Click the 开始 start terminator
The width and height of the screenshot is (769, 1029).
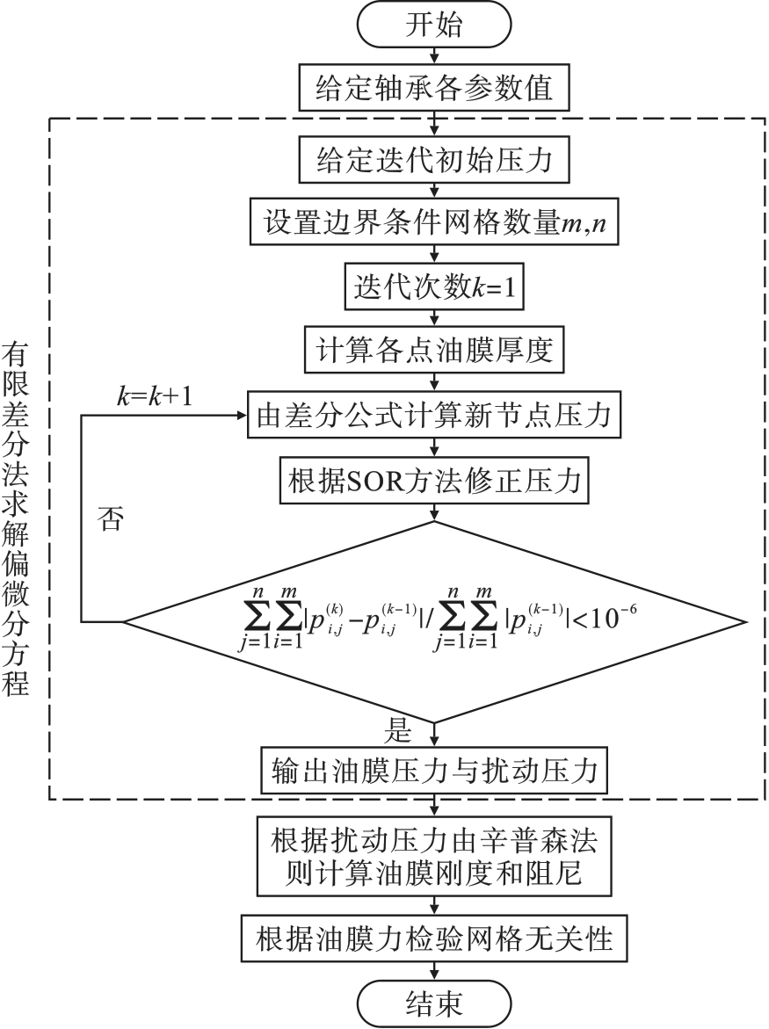(x=433, y=26)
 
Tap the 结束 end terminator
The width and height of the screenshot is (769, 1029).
(x=433, y=1003)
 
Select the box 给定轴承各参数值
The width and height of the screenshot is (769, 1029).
(x=433, y=89)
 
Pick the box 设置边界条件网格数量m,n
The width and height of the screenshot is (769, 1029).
(x=433, y=223)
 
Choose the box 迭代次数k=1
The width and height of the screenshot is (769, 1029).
(x=433, y=286)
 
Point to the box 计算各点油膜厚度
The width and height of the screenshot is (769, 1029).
(x=433, y=350)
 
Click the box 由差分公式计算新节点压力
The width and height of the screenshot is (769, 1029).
(x=433, y=413)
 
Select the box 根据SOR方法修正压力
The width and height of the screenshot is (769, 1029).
(x=433, y=480)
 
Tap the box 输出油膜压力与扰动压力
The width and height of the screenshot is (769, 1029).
(x=433, y=771)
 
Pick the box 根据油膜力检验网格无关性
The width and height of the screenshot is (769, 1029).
(x=433, y=939)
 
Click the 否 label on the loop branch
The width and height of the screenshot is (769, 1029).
(x=110, y=518)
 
